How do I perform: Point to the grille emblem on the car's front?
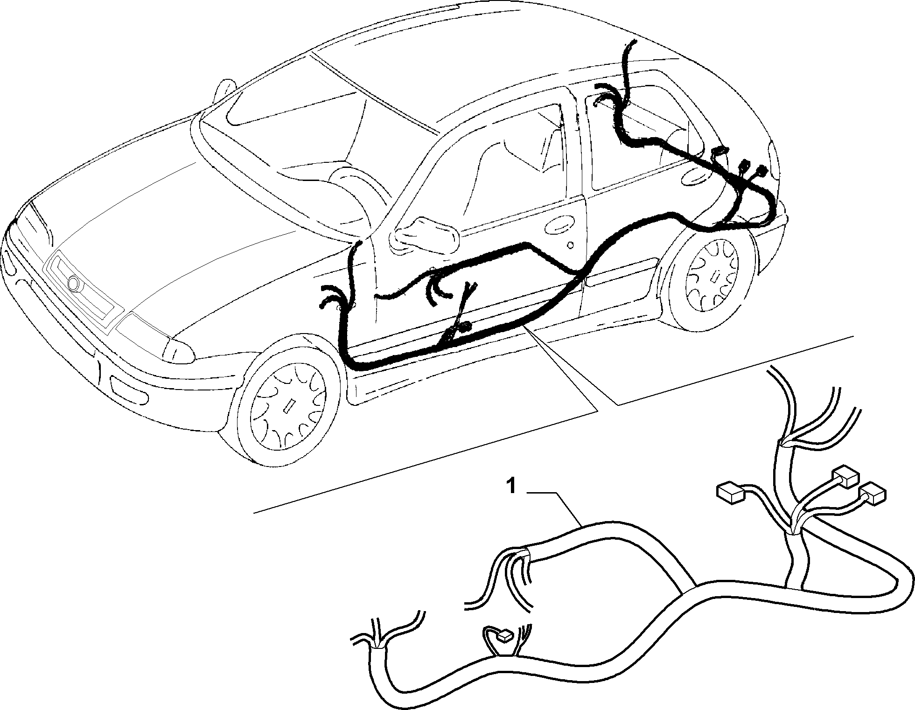click(74, 283)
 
